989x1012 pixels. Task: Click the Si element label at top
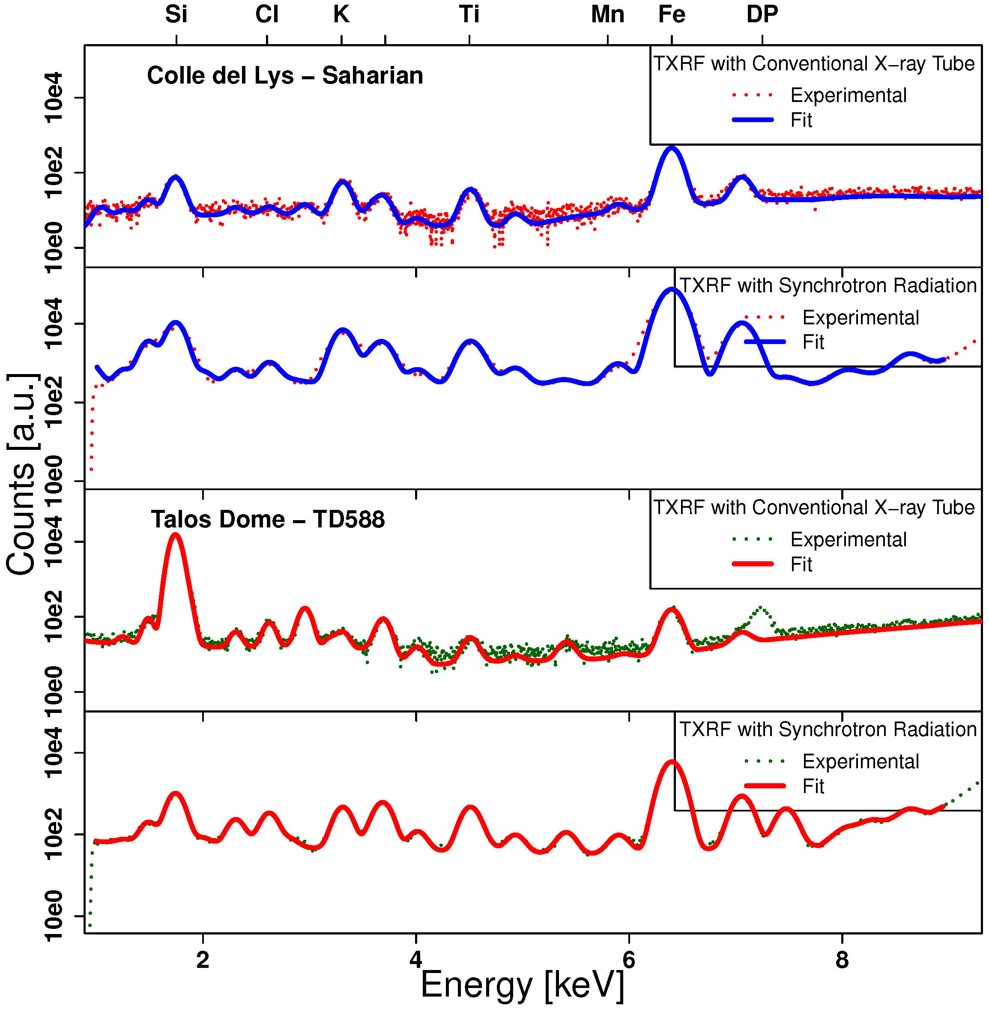pyautogui.click(x=176, y=15)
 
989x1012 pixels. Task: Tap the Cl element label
pyautogui.click(x=266, y=15)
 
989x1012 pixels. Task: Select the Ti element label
pyautogui.click(x=469, y=15)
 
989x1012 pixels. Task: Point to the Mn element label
pyautogui.click(x=607, y=15)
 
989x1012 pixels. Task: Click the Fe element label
pyautogui.click(x=671, y=15)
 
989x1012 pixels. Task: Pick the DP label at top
pyautogui.click(x=762, y=15)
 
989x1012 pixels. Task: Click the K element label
pyautogui.click(x=341, y=15)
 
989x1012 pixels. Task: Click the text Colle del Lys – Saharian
pyautogui.click(x=285, y=76)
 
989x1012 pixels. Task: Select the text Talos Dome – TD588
pyautogui.click(x=268, y=520)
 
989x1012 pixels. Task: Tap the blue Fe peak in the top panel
pyautogui.click(x=672, y=149)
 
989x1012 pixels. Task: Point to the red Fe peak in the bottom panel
pyautogui.click(x=672, y=763)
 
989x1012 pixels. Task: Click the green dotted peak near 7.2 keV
pyautogui.click(x=760, y=608)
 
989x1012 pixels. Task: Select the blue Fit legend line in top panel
pyautogui.click(x=753, y=120)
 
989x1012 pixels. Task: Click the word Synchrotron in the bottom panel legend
pyautogui.click(x=828, y=729)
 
